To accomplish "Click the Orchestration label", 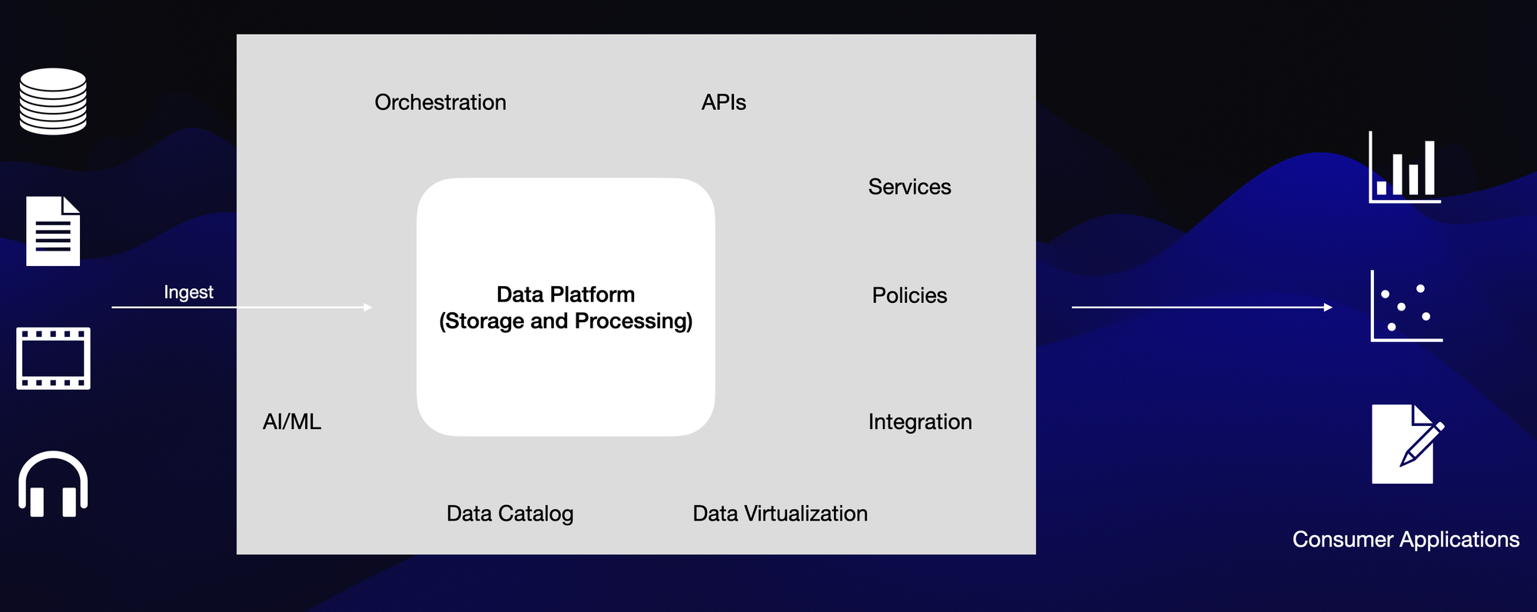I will tap(440, 102).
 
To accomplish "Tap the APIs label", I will tap(723, 102).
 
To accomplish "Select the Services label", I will tap(909, 187).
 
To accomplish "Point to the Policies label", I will tap(909, 295).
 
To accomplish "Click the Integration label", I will tap(920, 421).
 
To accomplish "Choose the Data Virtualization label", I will tap(780, 514).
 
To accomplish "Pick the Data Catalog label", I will tap(510, 514).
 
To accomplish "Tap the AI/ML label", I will tap(292, 421).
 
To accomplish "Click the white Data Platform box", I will tap(566, 369).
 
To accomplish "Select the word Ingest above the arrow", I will tap(188, 292).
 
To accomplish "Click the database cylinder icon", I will tap(53, 101).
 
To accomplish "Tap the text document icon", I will tap(53, 231).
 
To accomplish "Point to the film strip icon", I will tap(53, 358).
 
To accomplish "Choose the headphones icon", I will tap(53, 484).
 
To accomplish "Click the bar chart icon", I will tap(1404, 168).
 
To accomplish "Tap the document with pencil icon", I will tap(1406, 444).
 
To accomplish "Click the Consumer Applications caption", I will tap(1406, 540).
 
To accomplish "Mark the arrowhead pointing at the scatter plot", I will tap(1328, 308).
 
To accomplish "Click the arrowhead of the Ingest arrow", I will tap(368, 308).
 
